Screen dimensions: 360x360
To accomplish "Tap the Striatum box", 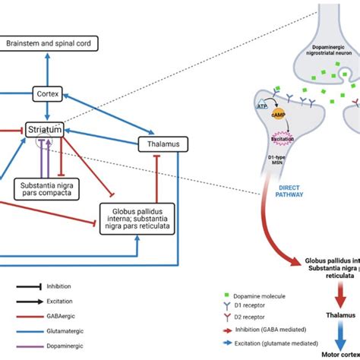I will [43, 130].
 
